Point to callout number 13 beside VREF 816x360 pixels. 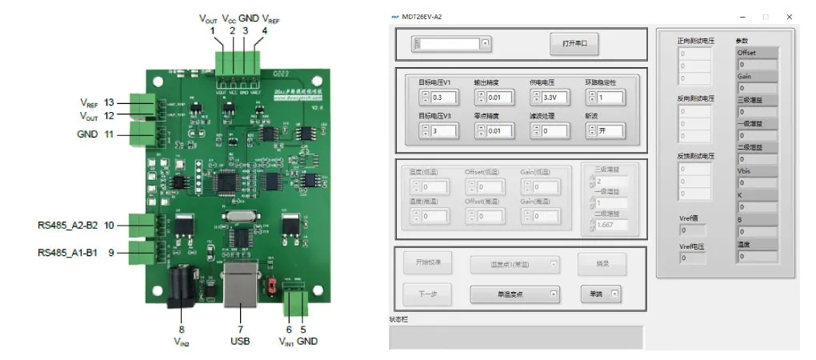point(109,102)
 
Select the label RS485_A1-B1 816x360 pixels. point(67,253)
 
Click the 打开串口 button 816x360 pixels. point(574,43)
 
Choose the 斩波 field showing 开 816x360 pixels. point(610,130)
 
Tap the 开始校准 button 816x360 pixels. point(428,262)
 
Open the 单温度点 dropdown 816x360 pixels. point(514,294)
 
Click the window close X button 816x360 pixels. point(790,16)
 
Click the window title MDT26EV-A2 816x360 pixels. point(425,16)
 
